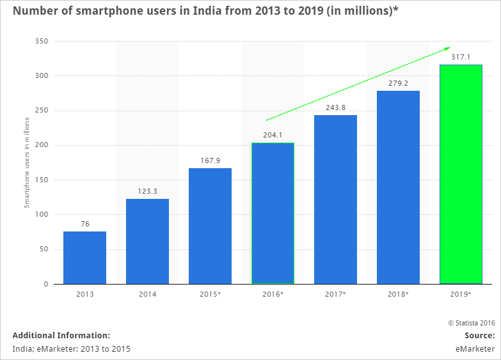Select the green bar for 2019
(461, 174)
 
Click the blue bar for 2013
(84, 258)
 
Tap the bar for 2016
(273, 213)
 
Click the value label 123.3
(147, 191)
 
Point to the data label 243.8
(335, 107)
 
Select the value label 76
(84, 224)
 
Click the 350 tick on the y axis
(42, 42)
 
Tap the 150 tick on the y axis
(42, 180)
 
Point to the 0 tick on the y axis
(46, 284)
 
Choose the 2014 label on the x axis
(147, 294)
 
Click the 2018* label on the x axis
(398, 294)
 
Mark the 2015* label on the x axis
(210, 294)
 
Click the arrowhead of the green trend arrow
(448, 49)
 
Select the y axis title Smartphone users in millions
(27, 162)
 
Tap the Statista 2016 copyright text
(471, 324)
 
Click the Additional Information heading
(61, 335)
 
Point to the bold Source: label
(479, 335)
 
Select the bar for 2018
(398, 187)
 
